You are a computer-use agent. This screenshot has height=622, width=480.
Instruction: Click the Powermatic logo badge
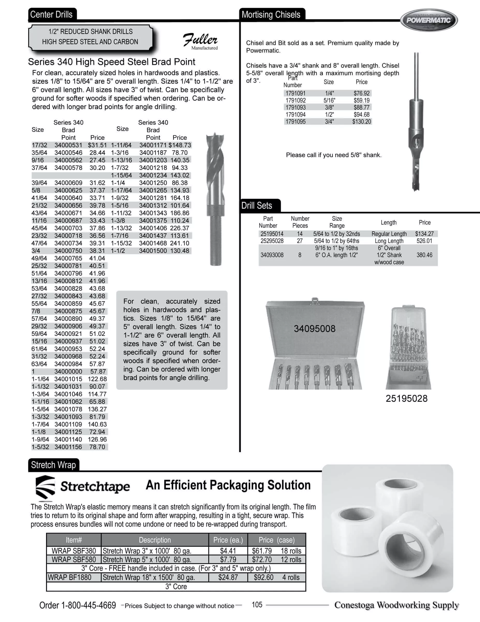429,20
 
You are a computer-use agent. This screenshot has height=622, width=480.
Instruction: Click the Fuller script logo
200,40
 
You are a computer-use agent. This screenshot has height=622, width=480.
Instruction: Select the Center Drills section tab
51,15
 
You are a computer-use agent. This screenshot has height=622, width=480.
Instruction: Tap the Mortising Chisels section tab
271,15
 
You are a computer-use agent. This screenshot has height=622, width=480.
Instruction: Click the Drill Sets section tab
257,206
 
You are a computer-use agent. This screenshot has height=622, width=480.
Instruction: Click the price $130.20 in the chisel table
361,122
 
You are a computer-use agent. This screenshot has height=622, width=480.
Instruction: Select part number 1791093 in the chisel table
296,107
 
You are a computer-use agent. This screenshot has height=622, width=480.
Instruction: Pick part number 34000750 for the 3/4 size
68,251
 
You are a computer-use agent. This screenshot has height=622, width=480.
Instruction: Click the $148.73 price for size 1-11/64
180,145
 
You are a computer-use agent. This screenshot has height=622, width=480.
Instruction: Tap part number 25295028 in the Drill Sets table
272,241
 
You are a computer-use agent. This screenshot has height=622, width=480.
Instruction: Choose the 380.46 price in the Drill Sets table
424,255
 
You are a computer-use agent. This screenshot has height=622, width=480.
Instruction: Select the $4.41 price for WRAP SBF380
228,551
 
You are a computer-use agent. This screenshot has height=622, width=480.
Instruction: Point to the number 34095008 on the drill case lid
314,329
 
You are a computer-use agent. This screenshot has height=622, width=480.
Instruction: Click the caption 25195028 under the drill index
406,399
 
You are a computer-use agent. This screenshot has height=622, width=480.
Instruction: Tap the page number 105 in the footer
257,605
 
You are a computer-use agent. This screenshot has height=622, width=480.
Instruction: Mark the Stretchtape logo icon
45,488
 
